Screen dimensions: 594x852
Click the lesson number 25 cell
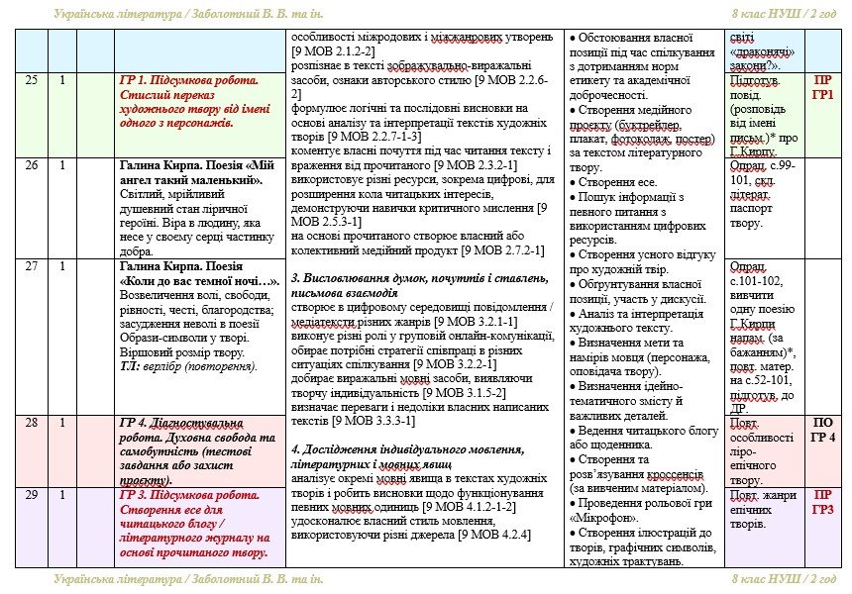(x=32, y=80)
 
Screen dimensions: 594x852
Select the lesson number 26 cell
(x=32, y=165)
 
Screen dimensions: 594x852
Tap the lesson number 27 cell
(x=32, y=266)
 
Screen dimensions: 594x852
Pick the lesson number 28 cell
(x=32, y=423)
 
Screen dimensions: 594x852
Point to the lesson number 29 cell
(x=32, y=494)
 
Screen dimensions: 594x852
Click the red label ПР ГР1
(x=822, y=87)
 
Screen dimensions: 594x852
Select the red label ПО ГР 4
(x=822, y=430)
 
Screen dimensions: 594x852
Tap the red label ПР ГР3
(x=822, y=501)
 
